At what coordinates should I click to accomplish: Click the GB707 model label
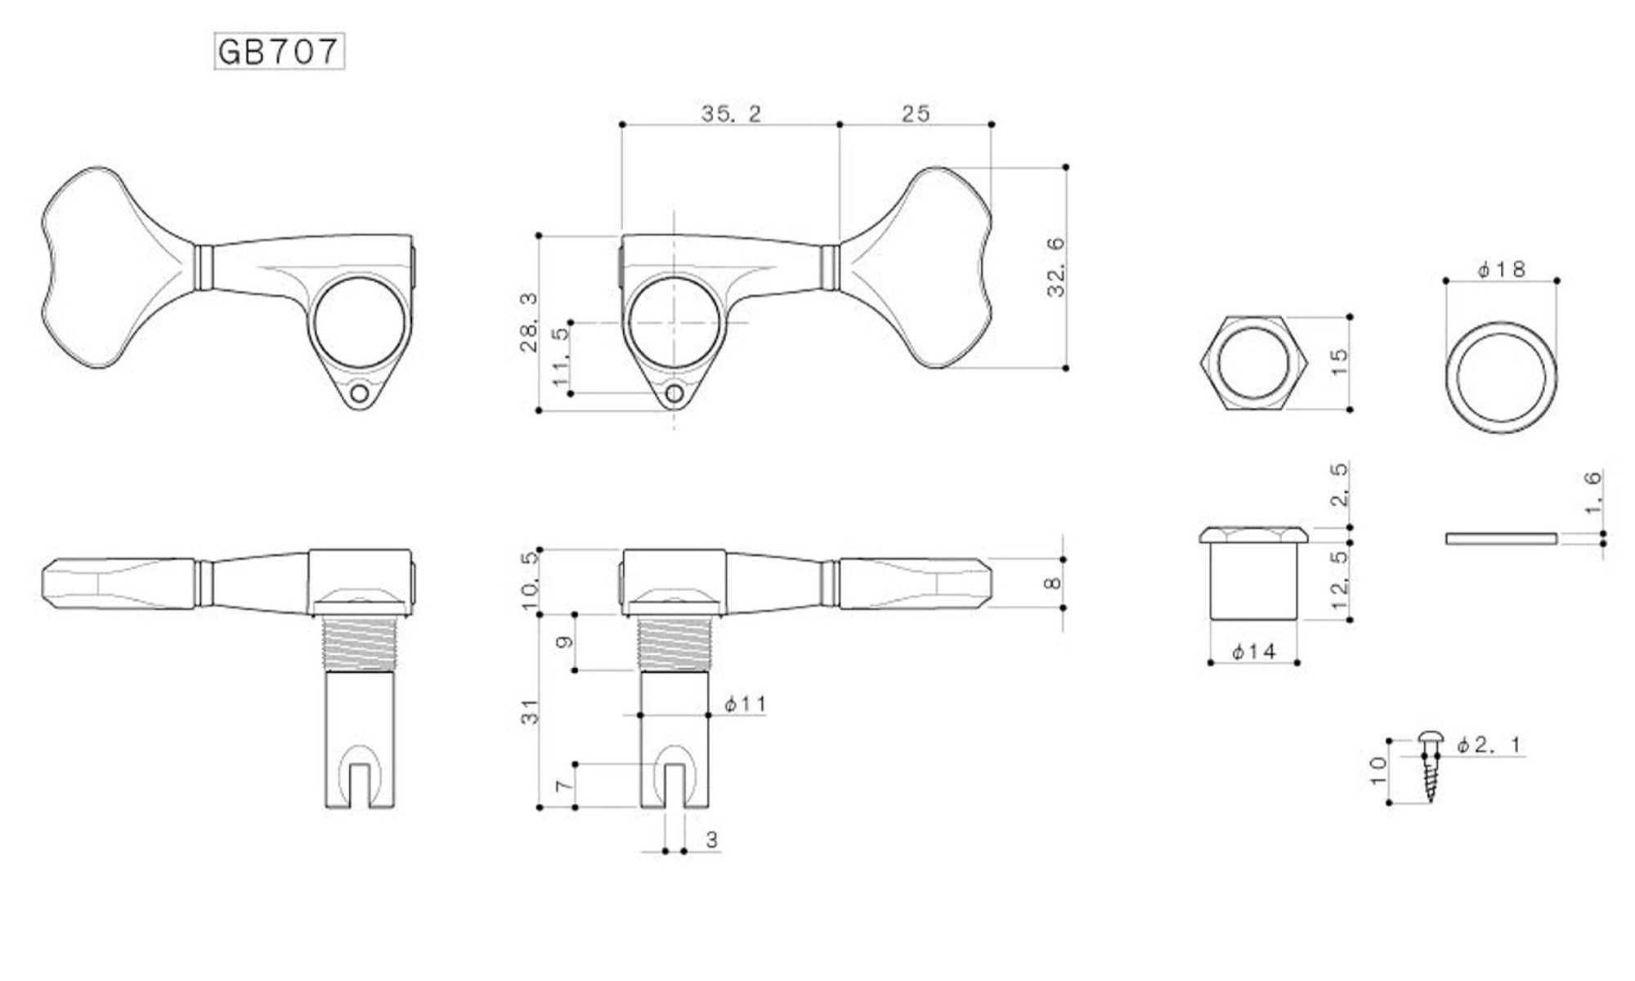[279, 52]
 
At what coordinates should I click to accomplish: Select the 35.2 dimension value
[731, 114]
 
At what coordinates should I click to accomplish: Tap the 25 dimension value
[916, 114]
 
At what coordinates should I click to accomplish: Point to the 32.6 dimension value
[1056, 267]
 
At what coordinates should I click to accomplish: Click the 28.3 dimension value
[529, 323]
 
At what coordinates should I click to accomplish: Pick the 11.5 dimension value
[560, 358]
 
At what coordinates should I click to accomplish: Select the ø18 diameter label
[1502, 269]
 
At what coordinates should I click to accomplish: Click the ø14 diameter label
[1254, 652]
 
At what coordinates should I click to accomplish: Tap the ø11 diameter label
[745, 703]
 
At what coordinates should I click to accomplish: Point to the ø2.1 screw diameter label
[1489, 745]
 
